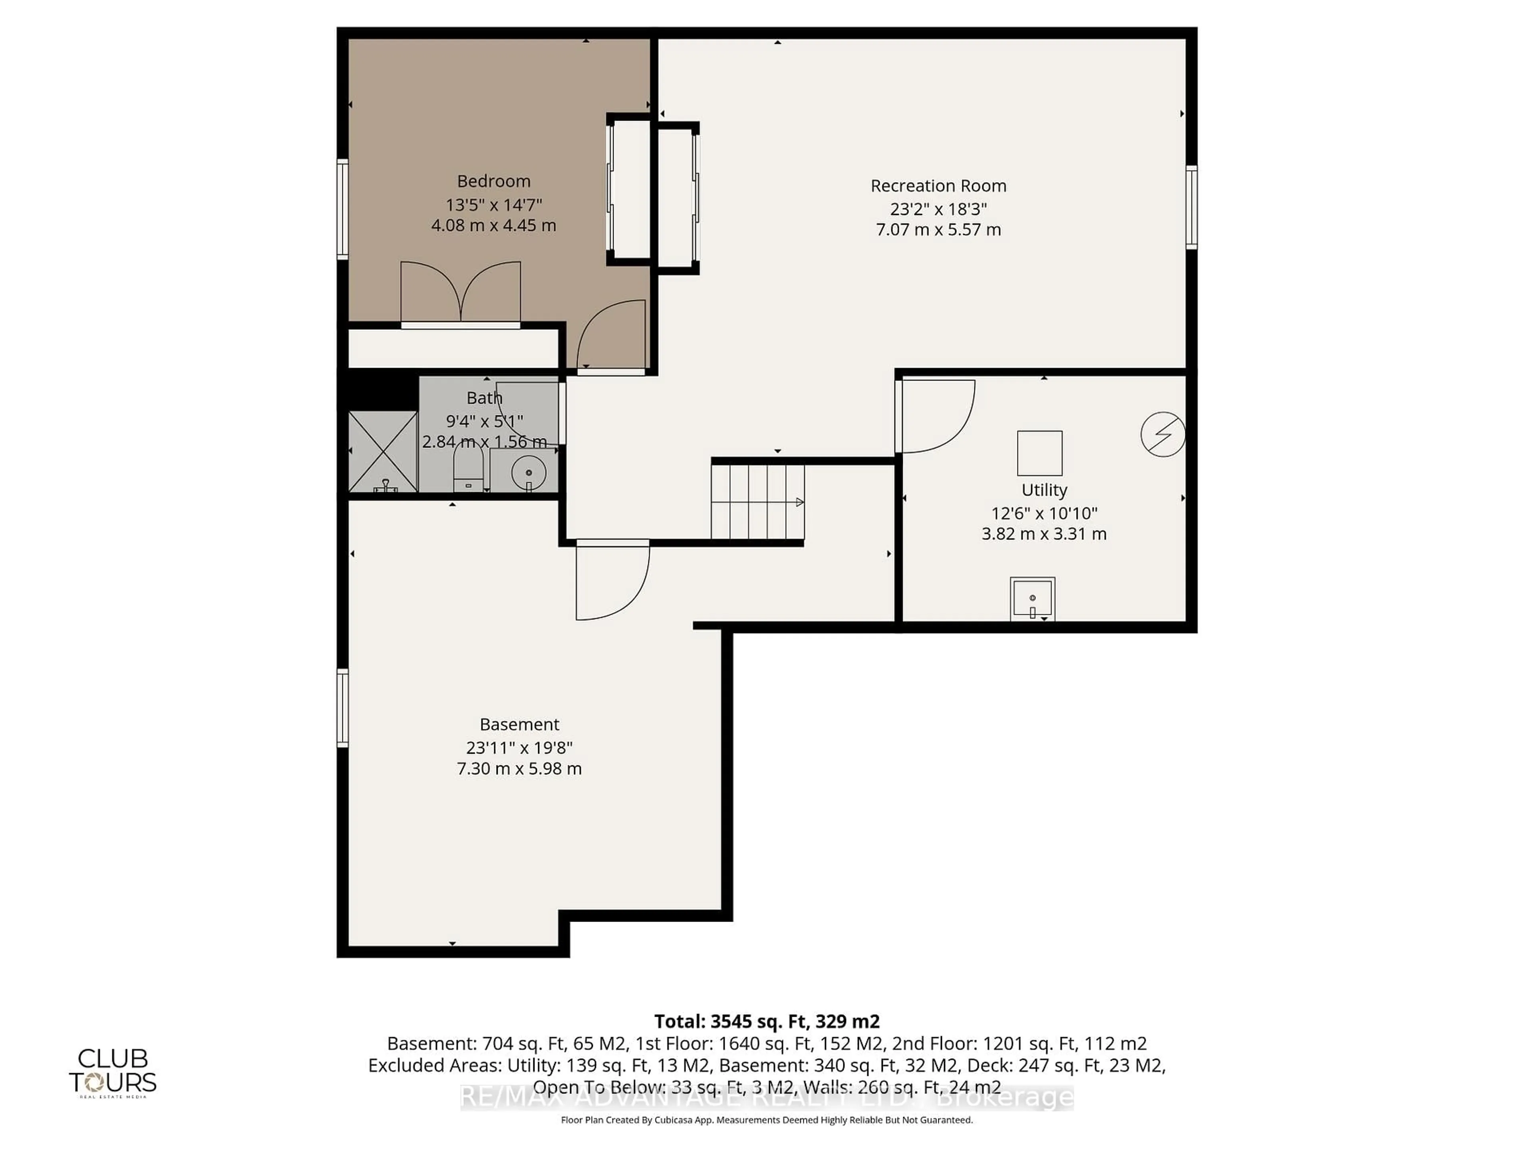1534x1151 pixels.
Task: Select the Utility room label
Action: coord(1044,490)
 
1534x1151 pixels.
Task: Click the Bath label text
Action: coord(484,398)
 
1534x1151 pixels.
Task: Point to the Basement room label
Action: coord(519,724)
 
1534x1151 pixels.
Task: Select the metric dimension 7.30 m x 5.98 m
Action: coord(519,769)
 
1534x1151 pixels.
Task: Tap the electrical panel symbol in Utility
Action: coord(1162,434)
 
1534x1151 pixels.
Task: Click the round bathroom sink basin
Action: coord(529,472)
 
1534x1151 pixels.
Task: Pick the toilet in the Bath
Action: coord(468,470)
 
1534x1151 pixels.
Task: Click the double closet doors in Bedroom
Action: coord(461,291)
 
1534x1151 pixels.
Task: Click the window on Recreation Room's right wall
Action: coord(1191,207)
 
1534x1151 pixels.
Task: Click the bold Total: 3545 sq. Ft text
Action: coord(766,1021)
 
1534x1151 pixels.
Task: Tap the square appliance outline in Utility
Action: coord(1039,453)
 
